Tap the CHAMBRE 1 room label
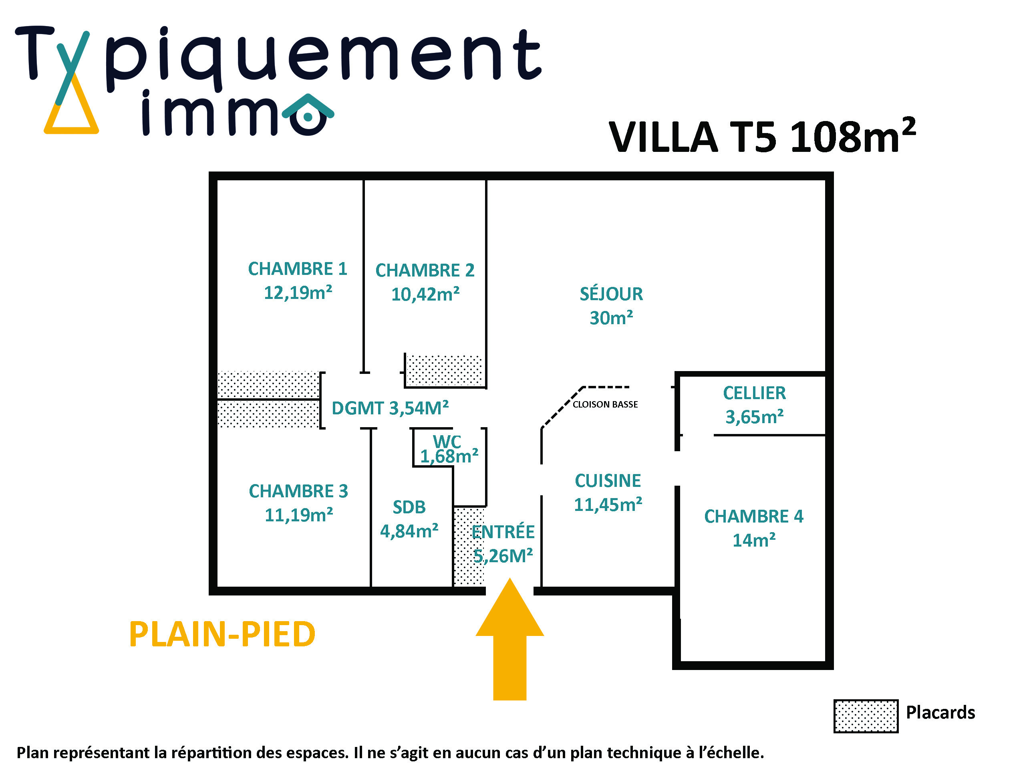[298, 269]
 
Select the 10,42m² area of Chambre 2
[425, 294]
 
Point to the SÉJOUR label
[611, 294]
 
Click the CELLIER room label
[754, 393]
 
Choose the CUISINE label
[608, 481]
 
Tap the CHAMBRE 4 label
[754, 516]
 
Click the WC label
[447, 442]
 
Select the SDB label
[409, 507]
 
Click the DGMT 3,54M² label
[390, 408]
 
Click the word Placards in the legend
[940, 712]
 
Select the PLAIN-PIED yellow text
[222, 634]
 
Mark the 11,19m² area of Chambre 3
[298, 515]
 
